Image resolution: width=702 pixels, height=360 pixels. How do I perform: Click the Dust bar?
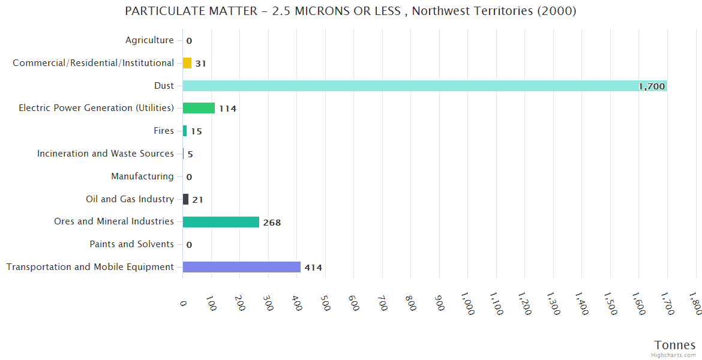pos(420,86)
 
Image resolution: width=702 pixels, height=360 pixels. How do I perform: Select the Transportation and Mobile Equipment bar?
pos(241,267)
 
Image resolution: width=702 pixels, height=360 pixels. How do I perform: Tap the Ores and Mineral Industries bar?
pos(221,222)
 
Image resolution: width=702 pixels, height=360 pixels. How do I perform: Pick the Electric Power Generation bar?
pos(199,108)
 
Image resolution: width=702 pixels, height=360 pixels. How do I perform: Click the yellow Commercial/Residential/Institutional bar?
pos(187,63)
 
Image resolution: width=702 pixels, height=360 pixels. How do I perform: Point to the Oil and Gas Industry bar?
pos(185,199)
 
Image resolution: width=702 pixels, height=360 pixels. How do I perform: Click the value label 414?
pos(313,268)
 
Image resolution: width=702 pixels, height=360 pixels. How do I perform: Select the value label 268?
pos(272,223)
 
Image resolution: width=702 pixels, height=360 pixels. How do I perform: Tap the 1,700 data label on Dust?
pos(652,86)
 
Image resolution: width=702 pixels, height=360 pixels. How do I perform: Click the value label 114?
pos(227,109)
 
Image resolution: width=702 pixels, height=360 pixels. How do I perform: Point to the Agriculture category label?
pos(149,40)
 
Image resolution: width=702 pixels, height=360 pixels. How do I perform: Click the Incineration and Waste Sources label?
pos(106,154)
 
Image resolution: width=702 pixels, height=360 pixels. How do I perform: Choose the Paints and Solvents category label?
pos(131,244)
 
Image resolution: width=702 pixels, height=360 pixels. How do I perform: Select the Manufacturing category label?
pos(142,176)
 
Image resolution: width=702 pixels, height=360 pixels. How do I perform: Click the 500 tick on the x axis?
pos(325,303)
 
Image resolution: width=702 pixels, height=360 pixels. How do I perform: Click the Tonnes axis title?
pos(674,345)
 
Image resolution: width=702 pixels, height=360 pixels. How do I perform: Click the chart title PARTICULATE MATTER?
pos(350,11)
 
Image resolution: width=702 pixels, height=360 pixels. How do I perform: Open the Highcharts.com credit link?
pos(674,355)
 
